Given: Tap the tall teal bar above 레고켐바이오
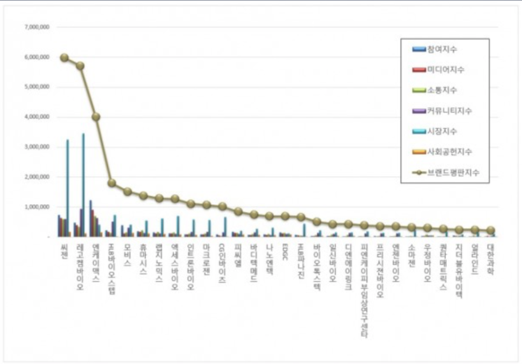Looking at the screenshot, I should click(83, 185).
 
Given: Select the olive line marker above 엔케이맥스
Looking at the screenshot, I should click(96, 117).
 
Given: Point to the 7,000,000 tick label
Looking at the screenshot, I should click(37, 27).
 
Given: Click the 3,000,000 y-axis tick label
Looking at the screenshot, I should click(37, 147).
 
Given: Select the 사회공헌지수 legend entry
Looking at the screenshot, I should click(449, 151).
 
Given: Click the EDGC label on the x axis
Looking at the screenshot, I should click(285, 251).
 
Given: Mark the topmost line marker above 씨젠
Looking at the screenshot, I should click(64, 57).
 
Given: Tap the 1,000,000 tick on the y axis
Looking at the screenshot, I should click(37, 207).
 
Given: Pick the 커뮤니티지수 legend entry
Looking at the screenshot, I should click(449, 111).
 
